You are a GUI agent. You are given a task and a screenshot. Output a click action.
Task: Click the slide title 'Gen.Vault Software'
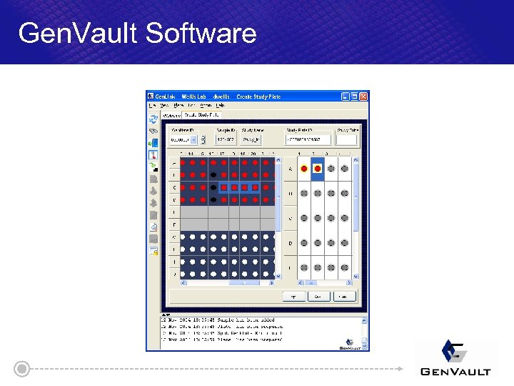coord(137,33)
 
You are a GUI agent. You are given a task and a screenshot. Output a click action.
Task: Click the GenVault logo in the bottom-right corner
coord(455,357)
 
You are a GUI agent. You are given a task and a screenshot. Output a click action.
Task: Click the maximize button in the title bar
coord(354,96)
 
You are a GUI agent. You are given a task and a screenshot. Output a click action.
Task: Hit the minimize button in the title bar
coord(345,96)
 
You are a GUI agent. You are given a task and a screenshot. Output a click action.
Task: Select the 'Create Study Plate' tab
coord(202,114)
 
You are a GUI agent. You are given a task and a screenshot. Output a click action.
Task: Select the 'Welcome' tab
coord(171,114)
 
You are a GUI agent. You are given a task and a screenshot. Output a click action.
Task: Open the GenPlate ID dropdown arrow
coord(193,139)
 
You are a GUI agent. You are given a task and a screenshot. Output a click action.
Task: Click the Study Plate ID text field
coord(308,139)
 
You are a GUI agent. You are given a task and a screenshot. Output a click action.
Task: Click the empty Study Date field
coord(346,139)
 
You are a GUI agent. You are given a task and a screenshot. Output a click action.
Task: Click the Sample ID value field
coord(226,139)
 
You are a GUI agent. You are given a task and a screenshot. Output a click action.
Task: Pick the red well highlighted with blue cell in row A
coord(317,169)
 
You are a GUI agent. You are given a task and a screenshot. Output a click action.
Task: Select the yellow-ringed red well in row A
coord(304,169)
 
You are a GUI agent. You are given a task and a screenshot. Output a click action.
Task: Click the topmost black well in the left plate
coord(213,175)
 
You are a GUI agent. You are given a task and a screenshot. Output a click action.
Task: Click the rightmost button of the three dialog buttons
coord(343,296)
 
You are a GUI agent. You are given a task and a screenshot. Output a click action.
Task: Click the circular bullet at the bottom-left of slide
coord(23,369)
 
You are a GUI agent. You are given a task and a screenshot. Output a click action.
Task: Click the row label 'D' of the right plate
coord(290,243)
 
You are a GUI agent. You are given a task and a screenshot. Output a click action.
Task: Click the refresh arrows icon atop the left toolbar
coord(153,119)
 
